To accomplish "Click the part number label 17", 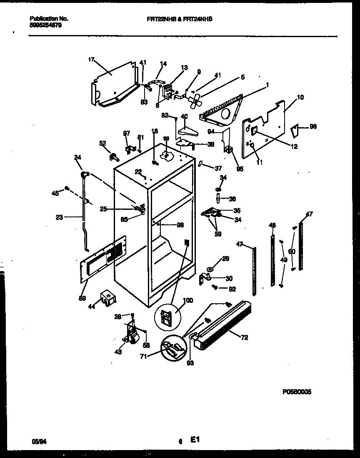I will coord(91,60).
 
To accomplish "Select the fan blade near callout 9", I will coord(194,101).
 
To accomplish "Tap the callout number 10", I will coord(300,97).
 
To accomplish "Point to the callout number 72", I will coord(244,337).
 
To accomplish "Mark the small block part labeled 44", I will coord(107,298).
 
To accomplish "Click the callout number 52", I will coord(102,143).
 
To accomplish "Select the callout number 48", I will coord(272,225).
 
